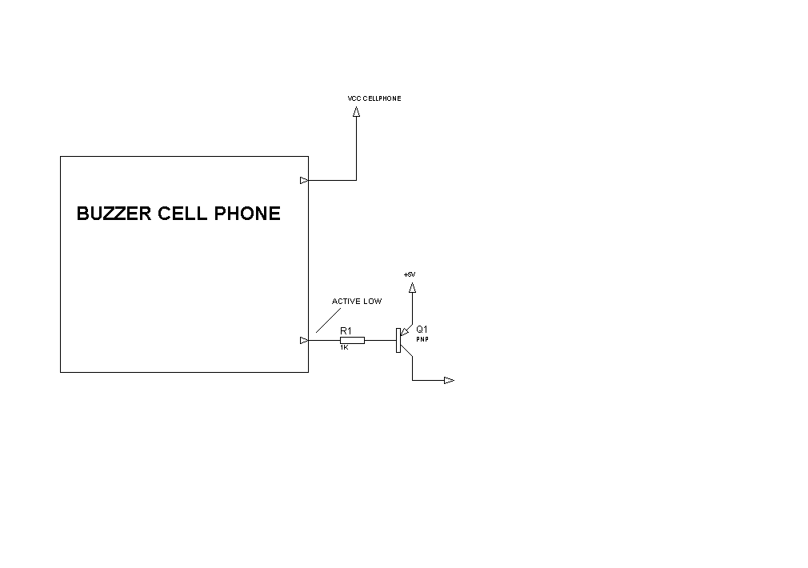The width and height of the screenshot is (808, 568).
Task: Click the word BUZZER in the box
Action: pyautogui.click(x=114, y=214)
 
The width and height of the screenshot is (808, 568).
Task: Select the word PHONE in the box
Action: pyautogui.click(x=247, y=214)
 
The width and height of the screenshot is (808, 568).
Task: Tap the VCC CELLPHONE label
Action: pyautogui.click(x=374, y=98)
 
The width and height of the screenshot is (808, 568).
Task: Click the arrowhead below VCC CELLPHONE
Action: pyautogui.click(x=356, y=111)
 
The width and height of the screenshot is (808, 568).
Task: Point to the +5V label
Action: pyautogui.click(x=410, y=274)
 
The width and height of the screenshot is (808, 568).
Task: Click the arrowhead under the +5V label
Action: pyautogui.click(x=412, y=288)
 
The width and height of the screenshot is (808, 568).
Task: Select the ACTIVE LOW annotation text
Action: pyautogui.click(x=357, y=301)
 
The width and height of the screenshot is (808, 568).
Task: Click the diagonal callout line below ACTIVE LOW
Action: pyautogui.click(x=328, y=320)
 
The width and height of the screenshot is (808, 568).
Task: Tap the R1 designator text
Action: pyautogui.click(x=346, y=331)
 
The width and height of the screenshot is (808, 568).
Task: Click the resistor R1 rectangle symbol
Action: pyautogui.click(x=353, y=340)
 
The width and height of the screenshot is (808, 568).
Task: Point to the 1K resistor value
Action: pyautogui.click(x=344, y=347)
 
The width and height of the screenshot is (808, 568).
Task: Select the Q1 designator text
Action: pyautogui.click(x=422, y=330)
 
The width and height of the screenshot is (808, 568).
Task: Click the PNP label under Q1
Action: pyautogui.click(x=422, y=340)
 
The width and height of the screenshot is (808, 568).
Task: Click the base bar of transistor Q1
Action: pyautogui.click(x=398, y=340)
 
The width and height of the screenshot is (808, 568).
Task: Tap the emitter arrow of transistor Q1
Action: pyautogui.click(x=405, y=332)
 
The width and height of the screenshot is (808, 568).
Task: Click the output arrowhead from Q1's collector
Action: pyautogui.click(x=450, y=380)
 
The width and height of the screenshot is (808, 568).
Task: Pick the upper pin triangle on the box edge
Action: pyautogui.click(x=304, y=180)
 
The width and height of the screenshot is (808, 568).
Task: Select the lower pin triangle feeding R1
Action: pyautogui.click(x=304, y=340)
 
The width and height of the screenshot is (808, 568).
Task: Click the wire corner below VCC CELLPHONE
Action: pyautogui.click(x=356, y=180)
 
